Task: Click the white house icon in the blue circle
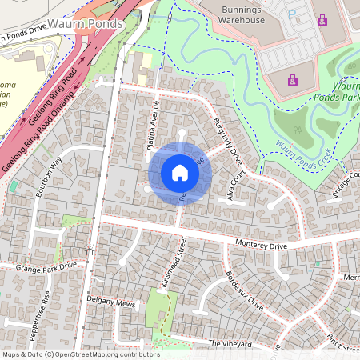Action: tap(180, 172)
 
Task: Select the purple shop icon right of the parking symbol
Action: tap(322, 19)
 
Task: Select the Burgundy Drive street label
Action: tap(227, 140)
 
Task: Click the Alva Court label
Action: tap(234, 188)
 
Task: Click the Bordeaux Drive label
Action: tap(244, 290)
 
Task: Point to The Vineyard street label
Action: tap(230, 343)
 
